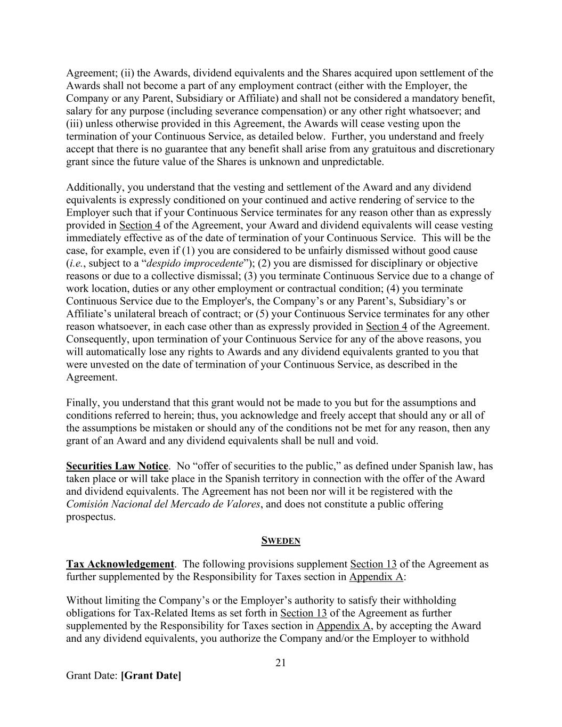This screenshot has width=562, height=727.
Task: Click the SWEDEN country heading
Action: click(x=281, y=541)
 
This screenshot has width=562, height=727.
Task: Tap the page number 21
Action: click(x=281, y=663)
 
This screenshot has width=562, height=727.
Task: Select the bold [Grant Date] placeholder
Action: click(x=151, y=676)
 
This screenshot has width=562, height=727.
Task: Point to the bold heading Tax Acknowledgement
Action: click(x=120, y=565)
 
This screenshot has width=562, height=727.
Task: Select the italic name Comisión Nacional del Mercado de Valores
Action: click(x=164, y=504)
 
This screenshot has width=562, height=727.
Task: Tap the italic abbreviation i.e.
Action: click(x=75, y=264)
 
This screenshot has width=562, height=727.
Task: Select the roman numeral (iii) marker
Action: click(x=75, y=124)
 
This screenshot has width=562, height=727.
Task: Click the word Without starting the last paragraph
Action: click(x=85, y=601)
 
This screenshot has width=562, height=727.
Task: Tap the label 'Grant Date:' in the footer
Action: click(x=92, y=676)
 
